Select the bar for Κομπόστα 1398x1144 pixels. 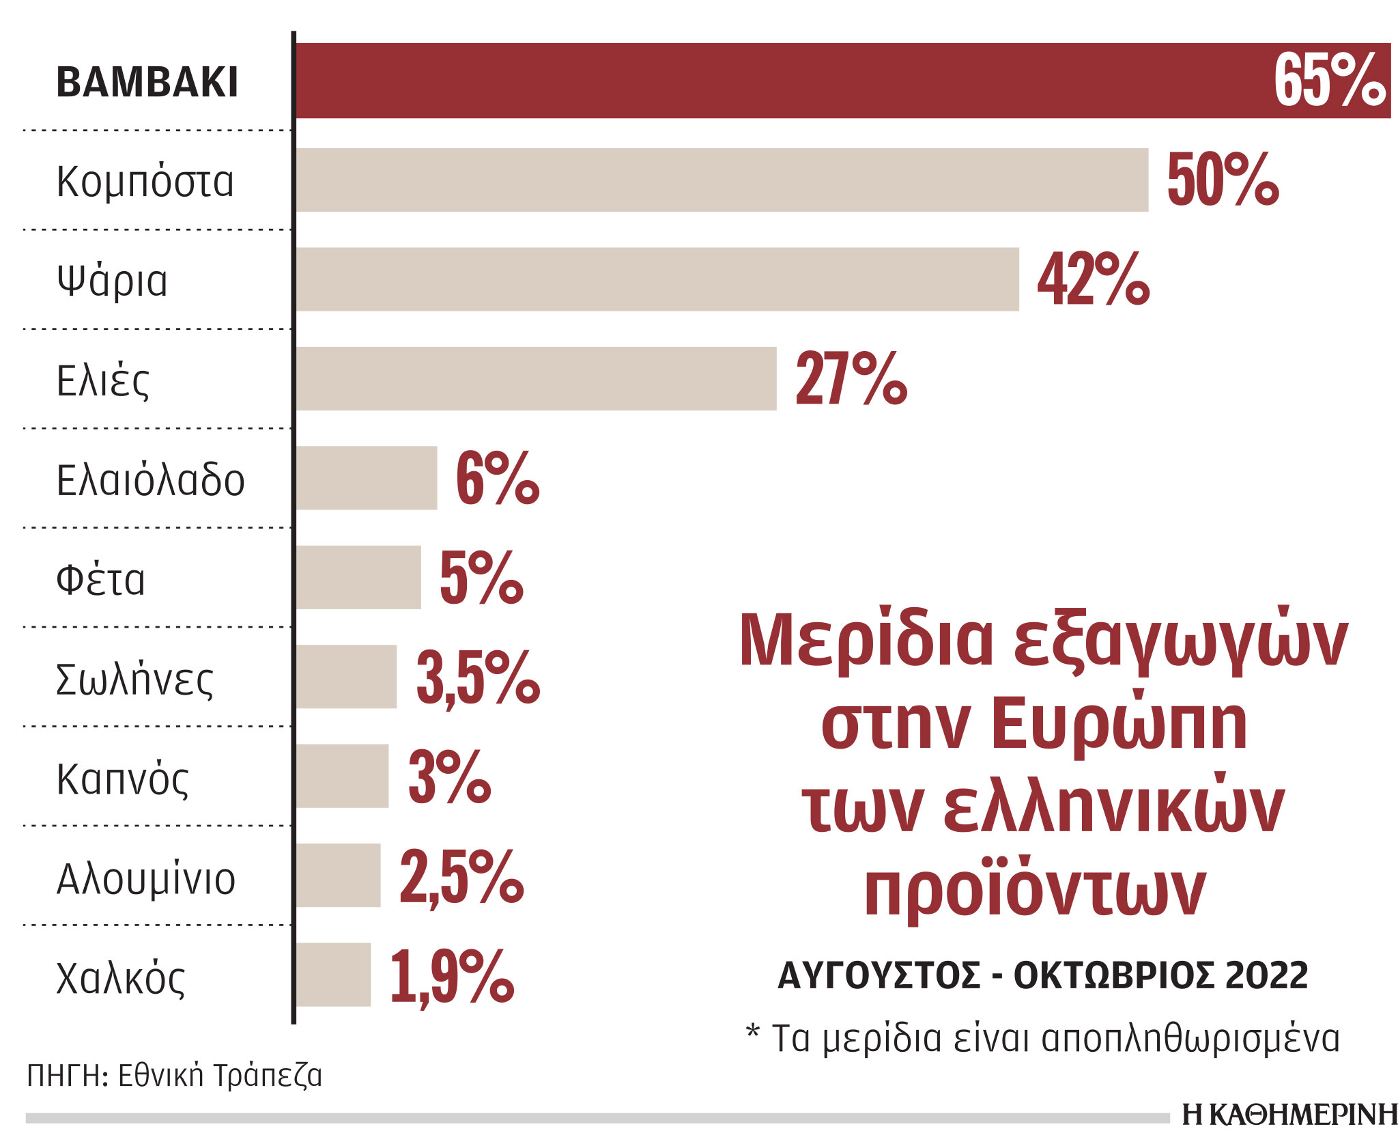[x=722, y=180]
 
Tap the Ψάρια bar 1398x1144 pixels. [x=657, y=279]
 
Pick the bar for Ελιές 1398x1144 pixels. [x=536, y=379]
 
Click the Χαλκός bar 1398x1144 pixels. [x=333, y=975]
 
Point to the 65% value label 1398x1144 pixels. [x=1330, y=81]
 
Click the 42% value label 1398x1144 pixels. [x=1093, y=279]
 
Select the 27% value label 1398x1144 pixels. [x=851, y=379]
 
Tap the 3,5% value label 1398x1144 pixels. [x=478, y=678]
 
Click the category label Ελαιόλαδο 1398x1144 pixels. [x=150, y=479]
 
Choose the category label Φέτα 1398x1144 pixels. [x=100, y=579]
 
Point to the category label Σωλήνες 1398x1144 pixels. [x=134, y=679]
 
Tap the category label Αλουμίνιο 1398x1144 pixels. [x=145, y=878]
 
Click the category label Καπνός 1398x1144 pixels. [x=122, y=779]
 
